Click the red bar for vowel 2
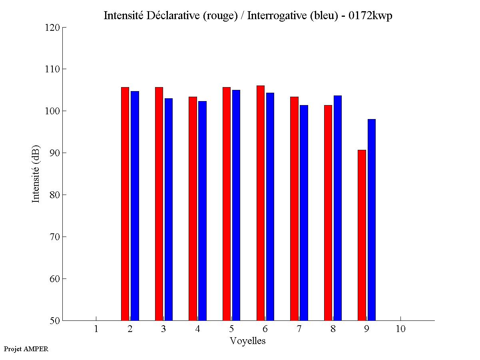(x=125, y=204)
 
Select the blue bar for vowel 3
(x=168, y=209)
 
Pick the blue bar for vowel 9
(x=372, y=220)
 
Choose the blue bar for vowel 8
(x=338, y=208)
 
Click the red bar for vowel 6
(x=260, y=203)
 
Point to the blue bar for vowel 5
(x=236, y=205)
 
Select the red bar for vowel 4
(x=193, y=209)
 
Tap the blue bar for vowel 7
(x=304, y=213)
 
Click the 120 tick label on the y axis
(x=53, y=28)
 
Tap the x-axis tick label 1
(x=96, y=329)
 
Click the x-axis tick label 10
(x=400, y=329)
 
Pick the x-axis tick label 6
(x=265, y=329)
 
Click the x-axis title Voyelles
(x=248, y=341)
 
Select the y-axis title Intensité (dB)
(x=36, y=173)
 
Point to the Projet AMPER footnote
(x=26, y=349)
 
